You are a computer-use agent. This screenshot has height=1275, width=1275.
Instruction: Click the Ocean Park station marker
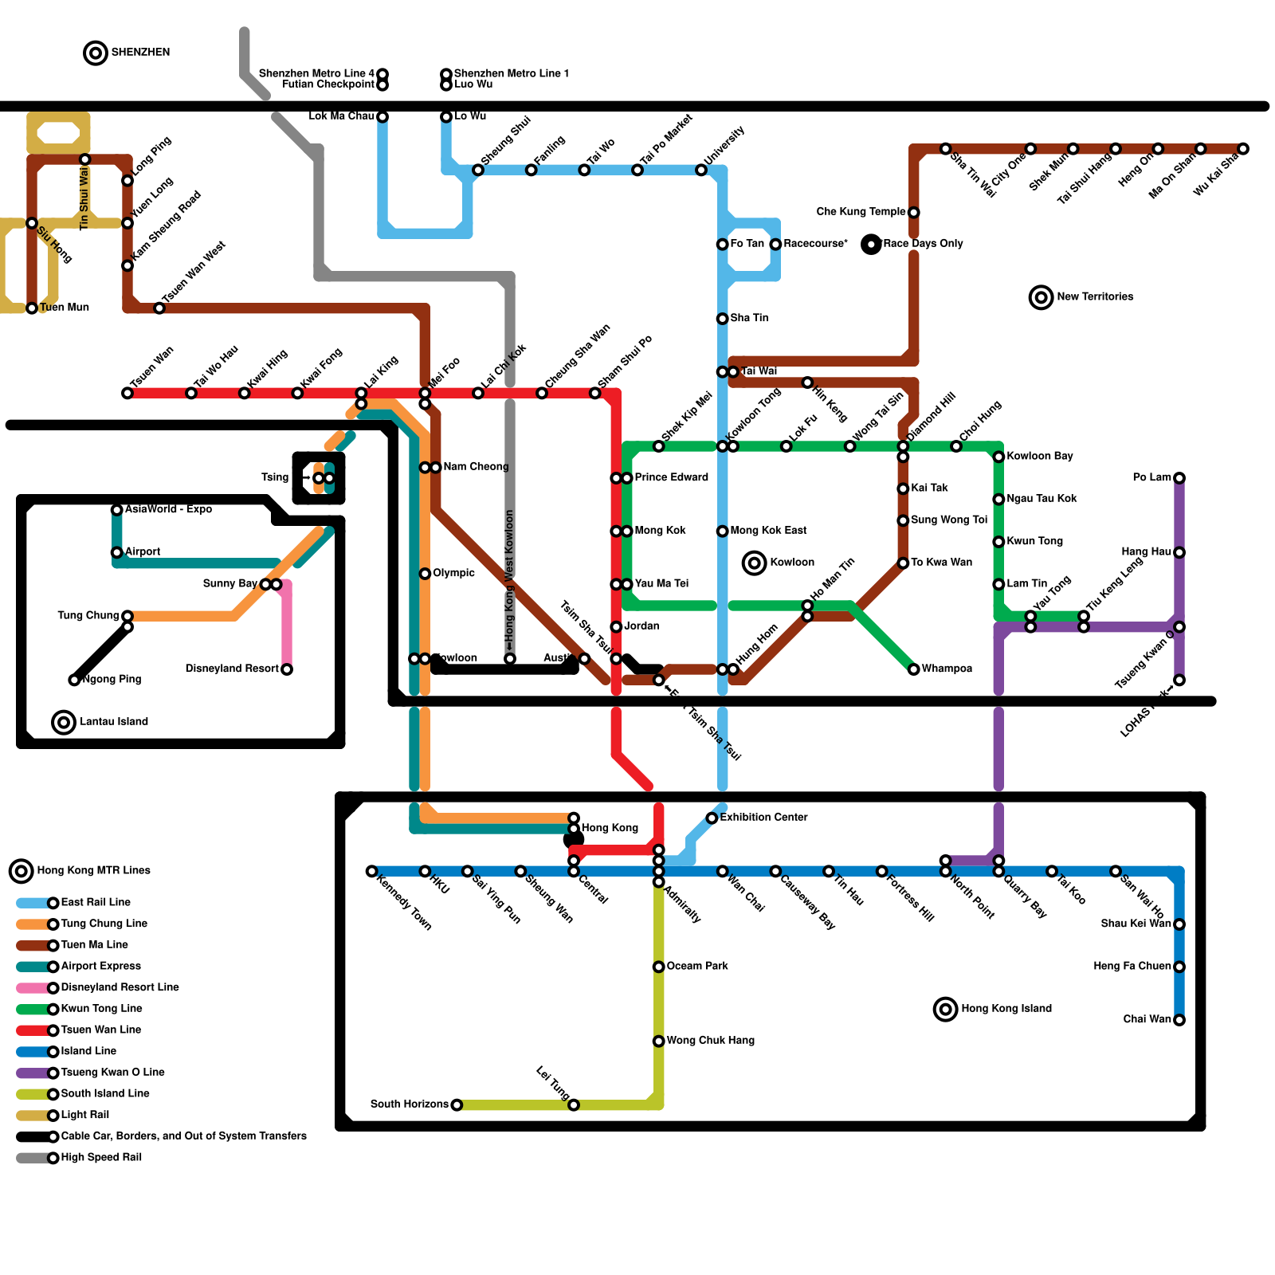point(658,967)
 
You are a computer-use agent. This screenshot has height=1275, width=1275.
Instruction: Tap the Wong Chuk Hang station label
point(710,1041)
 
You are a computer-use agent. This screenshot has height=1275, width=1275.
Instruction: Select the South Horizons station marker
point(457,1104)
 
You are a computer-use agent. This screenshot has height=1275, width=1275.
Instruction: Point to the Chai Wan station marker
point(1179,1020)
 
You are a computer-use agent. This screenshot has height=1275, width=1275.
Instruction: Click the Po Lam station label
point(1151,477)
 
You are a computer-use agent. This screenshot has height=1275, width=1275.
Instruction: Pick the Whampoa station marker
point(913,669)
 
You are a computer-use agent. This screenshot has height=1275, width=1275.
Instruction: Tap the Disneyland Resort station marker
point(287,669)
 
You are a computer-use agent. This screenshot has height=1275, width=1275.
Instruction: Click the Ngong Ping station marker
point(74,680)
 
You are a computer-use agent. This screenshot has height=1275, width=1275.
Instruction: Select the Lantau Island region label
point(114,722)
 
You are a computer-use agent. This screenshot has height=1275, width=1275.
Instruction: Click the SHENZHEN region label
point(140,53)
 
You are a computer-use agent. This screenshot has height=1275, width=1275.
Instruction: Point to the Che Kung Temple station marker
point(913,212)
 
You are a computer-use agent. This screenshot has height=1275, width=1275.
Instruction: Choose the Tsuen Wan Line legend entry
point(100,1030)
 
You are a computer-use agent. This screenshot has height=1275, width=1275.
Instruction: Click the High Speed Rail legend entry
point(101,1158)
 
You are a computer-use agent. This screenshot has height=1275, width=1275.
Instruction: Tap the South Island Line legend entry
point(105,1094)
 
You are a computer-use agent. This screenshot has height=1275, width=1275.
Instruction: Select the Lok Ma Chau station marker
point(382,117)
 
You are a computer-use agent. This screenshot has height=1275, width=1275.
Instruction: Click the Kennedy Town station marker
point(371,871)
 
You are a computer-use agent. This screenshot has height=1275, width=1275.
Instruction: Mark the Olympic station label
point(453,573)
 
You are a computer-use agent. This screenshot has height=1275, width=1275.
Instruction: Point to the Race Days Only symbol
point(871,244)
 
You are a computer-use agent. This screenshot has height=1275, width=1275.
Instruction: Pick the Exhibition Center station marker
point(712,818)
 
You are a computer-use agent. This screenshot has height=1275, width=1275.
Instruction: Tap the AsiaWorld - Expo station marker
point(116,510)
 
